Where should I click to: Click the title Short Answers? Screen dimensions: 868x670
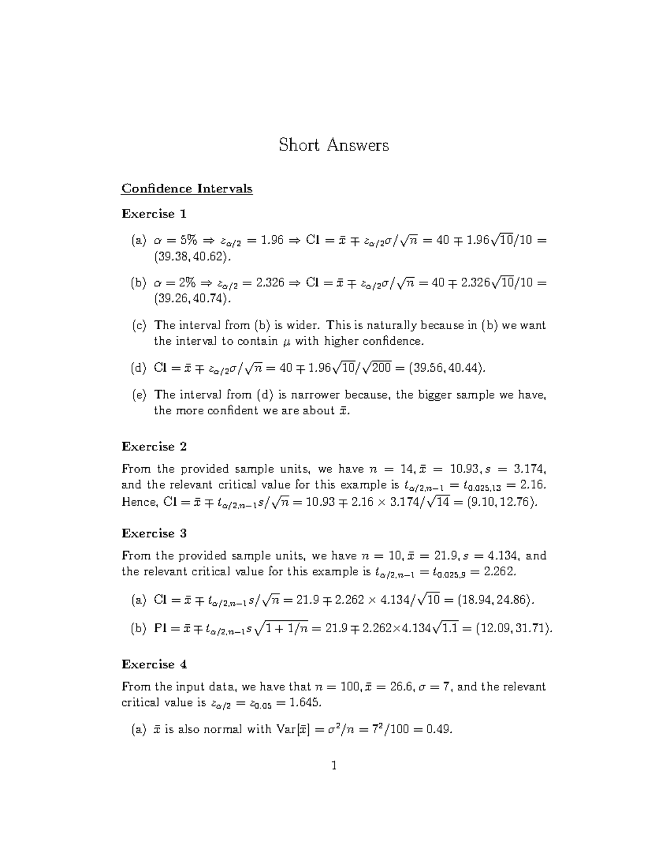coord(333,145)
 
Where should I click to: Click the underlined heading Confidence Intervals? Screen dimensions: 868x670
coord(187,188)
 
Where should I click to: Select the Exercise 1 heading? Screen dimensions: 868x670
coord(154,214)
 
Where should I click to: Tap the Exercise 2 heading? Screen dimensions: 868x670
coord(154,446)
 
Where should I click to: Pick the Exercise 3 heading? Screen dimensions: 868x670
coord(154,533)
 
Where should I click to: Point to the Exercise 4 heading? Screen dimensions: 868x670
coord(154,664)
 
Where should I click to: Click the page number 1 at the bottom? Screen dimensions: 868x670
coord(334,766)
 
